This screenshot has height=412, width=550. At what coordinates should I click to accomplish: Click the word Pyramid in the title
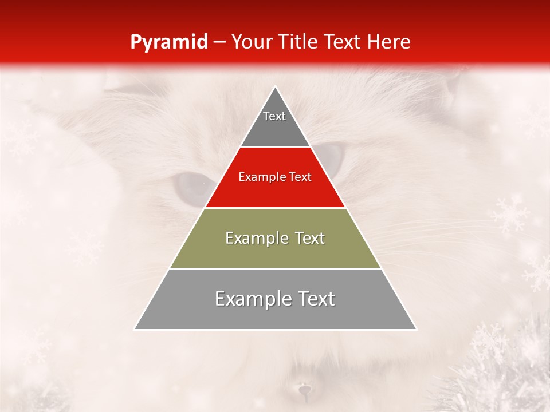pyautogui.click(x=168, y=42)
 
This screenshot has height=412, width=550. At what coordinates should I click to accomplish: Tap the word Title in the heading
pyautogui.click(x=299, y=42)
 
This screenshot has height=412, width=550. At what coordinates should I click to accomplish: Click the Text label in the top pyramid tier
pyautogui.click(x=274, y=116)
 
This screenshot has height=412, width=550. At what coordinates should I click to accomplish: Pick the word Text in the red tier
pyautogui.click(x=300, y=177)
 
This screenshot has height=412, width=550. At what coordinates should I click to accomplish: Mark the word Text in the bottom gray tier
pyautogui.click(x=316, y=299)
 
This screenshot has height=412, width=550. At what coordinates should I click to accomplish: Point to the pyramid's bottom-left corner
pyautogui.click(x=135, y=329)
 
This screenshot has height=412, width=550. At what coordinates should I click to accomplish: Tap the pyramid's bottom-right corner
pyautogui.click(x=416, y=329)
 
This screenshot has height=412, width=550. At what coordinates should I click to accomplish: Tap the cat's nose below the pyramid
pyautogui.click(x=304, y=391)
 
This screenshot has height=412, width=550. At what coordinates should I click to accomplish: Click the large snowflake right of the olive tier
pyautogui.click(x=510, y=215)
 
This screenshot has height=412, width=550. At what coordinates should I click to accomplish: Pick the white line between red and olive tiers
pyautogui.click(x=275, y=208)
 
